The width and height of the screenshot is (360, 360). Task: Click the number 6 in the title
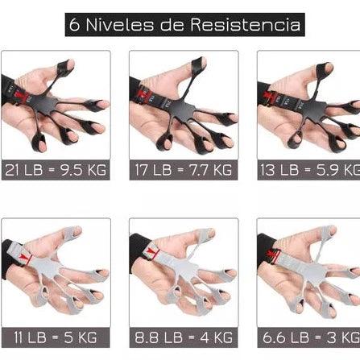[x=76, y=25]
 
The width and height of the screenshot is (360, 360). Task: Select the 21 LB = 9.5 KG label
[x=56, y=170]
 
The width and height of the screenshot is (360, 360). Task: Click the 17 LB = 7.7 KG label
[x=184, y=170]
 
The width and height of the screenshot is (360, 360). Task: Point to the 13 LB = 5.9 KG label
[x=309, y=170]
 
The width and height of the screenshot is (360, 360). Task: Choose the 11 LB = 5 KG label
[x=56, y=337]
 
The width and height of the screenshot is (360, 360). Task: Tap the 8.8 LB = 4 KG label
[x=184, y=337]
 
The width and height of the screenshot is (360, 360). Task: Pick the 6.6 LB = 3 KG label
[x=309, y=337]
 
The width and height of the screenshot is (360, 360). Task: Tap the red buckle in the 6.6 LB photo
[x=275, y=255]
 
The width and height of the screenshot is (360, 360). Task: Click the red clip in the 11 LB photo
[x=23, y=256]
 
